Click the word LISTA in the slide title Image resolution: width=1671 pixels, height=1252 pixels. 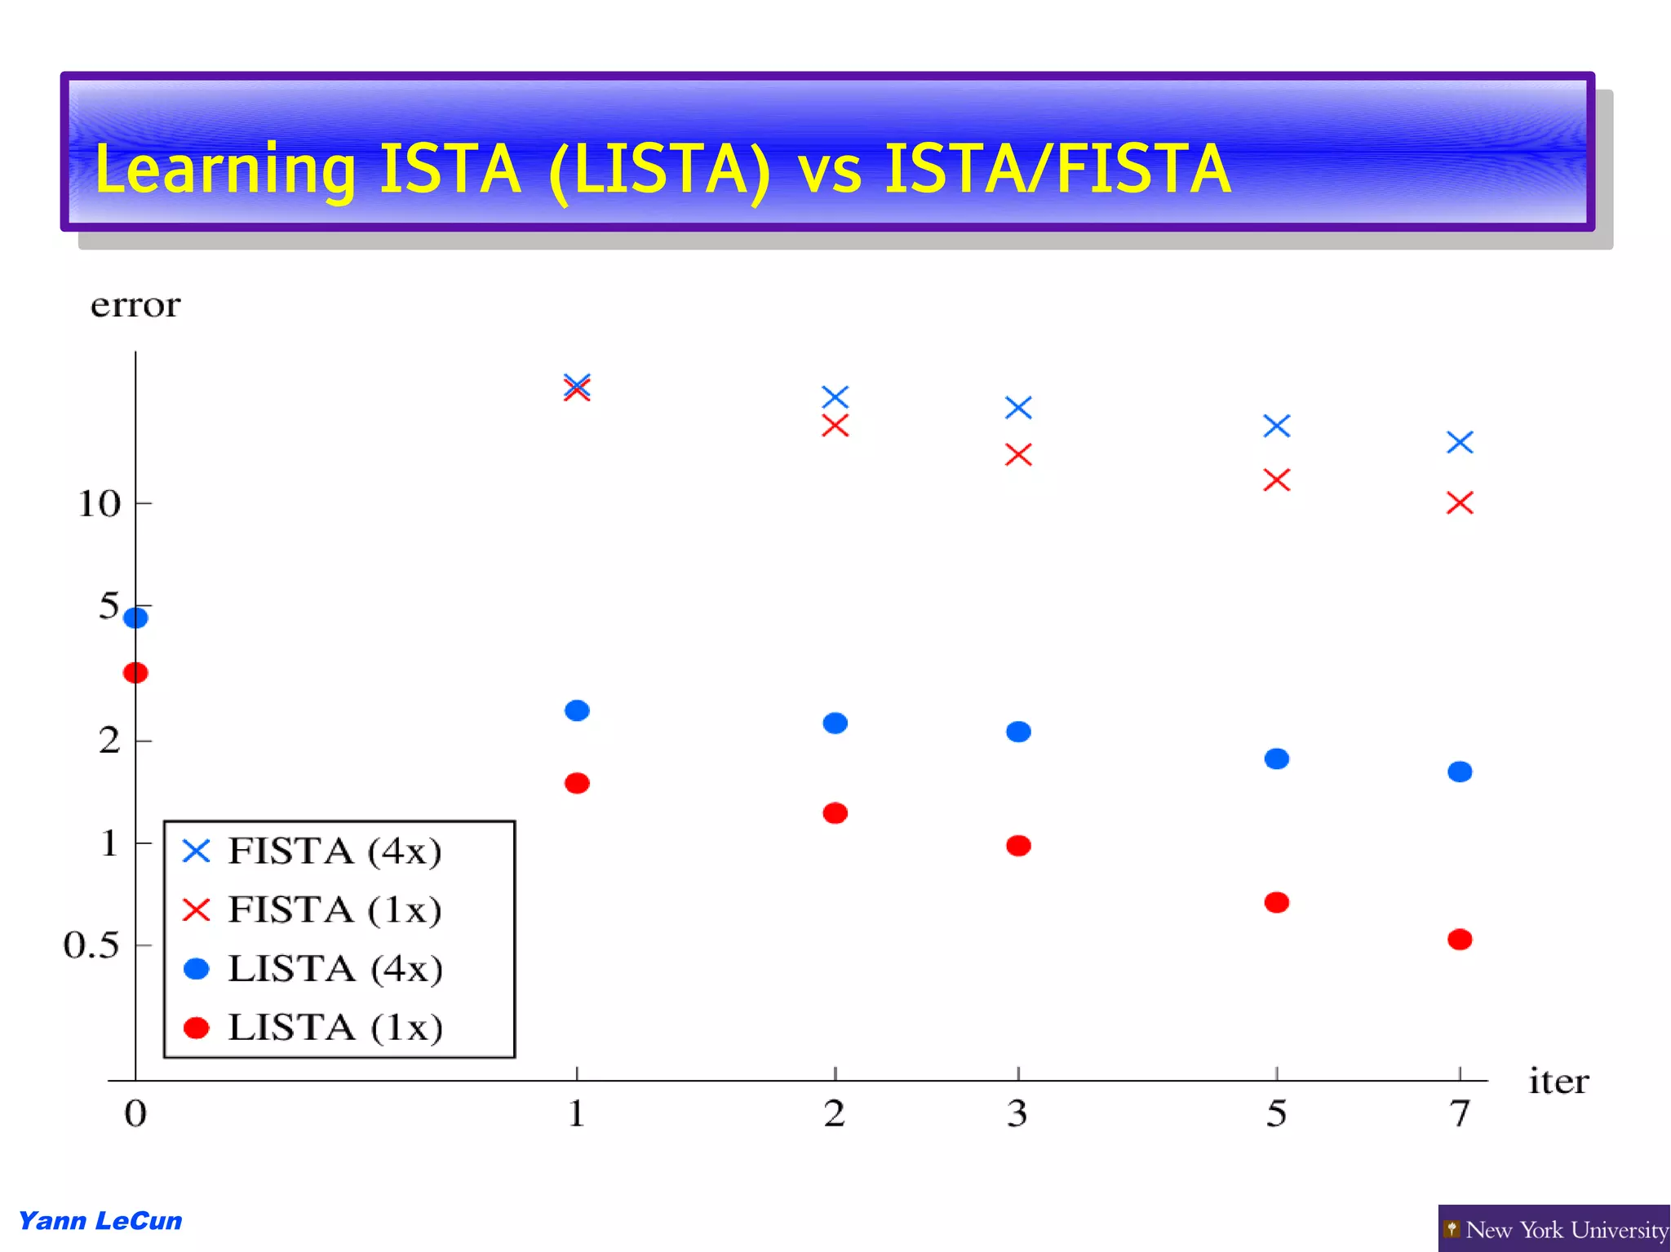click(x=659, y=170)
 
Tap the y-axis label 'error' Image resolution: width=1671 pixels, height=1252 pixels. click(x=135, y=305)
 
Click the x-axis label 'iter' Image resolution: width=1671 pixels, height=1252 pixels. click(x=1558, y=1082)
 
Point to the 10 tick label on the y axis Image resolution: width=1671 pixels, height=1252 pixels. click(x=99, y=504)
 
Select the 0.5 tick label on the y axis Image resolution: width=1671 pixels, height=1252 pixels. click(x=91, y=945)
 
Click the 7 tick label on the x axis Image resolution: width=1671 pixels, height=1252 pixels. click(x=1460, y=1113)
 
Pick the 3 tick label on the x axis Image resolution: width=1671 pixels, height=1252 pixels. click(x=1017, y=1113)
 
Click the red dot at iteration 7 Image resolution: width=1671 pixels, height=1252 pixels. click(x=1460, y=940)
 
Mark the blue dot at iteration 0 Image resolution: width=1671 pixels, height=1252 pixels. click(x=135, y=617)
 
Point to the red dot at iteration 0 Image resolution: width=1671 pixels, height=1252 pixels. click(x=135, y=673)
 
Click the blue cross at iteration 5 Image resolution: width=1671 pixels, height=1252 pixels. click(x=1277, y=426)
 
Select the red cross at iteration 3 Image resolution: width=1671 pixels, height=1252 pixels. click(x=1018, y=454)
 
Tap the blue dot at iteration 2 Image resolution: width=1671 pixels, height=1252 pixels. click(x=835, y=723)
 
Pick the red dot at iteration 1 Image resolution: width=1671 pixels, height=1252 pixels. click(x=577, y=783)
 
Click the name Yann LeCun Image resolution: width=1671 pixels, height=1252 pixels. click(x=100, y=1221)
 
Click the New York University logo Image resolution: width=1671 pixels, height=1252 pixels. click(x=1554, y=1229)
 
